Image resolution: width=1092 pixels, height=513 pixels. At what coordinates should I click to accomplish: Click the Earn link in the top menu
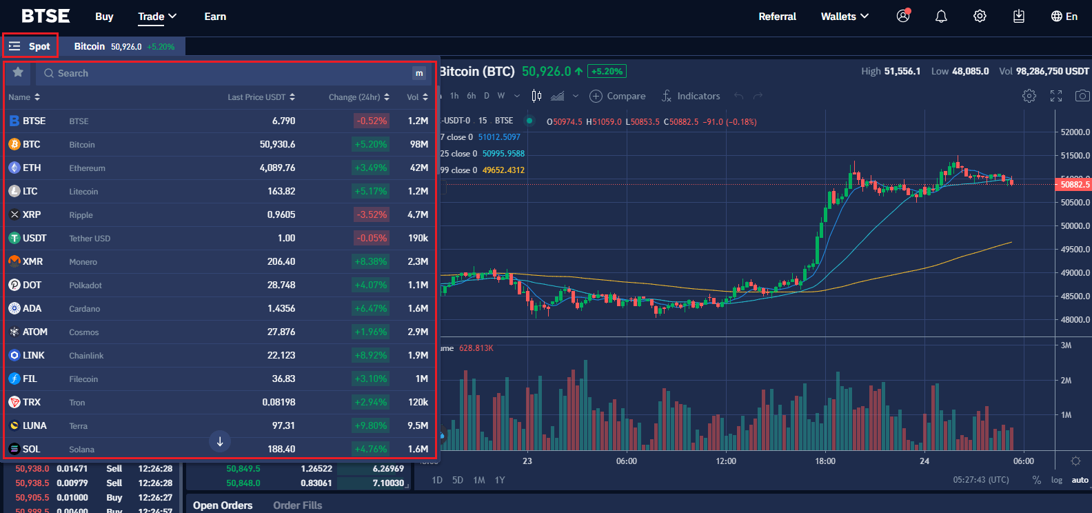click(x=215, y=17)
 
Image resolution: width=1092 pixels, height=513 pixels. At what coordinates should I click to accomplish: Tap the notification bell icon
click(x=941, y=17)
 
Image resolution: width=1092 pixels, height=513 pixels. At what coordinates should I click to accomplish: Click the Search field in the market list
click(x=228, y=73)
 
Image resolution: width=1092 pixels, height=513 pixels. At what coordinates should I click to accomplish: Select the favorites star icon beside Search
click(x=18, y=72)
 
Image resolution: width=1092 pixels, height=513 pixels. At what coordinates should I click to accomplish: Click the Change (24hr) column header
click(x=358, y=97)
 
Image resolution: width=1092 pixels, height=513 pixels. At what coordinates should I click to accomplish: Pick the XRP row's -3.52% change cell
click(x=372, y=214)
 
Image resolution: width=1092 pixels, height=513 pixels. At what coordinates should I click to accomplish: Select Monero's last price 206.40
click(x=281, y=261)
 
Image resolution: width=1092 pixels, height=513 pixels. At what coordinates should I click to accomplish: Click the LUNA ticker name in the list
click(x=34, y=425)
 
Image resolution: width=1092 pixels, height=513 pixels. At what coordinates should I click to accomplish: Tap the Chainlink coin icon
click(x=14, y=355)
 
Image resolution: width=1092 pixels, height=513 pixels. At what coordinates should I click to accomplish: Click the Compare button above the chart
click(x=618, y=96)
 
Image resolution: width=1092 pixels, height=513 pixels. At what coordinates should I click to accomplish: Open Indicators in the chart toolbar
click(x=691, y=96)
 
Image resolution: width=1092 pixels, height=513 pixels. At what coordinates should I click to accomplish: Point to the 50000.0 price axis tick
click(x=1075, y=226)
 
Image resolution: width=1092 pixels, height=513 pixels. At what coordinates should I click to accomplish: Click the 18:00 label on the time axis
click(x=825, y=461)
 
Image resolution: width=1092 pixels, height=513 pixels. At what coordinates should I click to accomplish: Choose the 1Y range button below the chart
click(x=500, y=480)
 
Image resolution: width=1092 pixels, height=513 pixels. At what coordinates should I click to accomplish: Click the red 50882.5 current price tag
click(x=1073, y=184)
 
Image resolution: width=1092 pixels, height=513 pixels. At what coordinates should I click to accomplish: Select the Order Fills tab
click(x=297, y=505)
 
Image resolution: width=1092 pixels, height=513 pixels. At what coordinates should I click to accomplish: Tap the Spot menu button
click(x=30, y=46)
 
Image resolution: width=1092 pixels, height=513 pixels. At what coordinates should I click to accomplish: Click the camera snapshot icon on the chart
click(x=1082, y=96)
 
